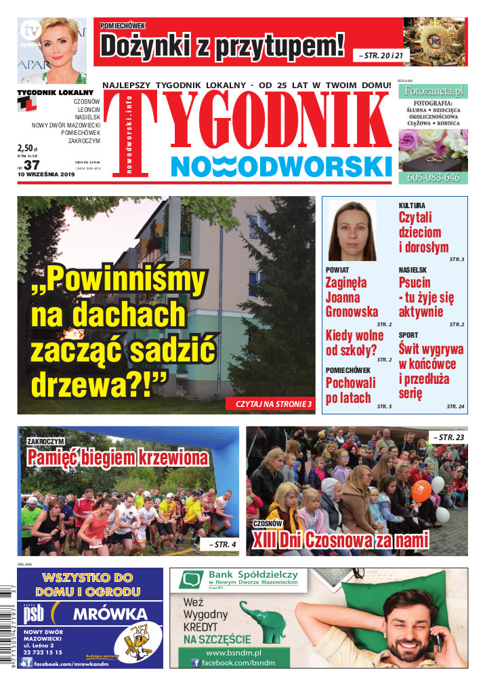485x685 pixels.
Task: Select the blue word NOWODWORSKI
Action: pyautogui.click(x=281, y=165)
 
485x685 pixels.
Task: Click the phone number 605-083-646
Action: pyautogui.click(x=434, y=178)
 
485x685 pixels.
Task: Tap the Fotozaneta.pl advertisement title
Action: pyautogui.click(x=433, y=90)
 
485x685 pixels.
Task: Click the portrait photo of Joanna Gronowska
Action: pyautogui.click(x=352, y=231)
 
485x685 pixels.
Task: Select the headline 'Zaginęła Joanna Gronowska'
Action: pyautogui.click(x=352, y=296)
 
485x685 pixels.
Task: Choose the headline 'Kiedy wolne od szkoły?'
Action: pyautogui.click(x=354, y=342)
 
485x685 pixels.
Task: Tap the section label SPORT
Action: pyautogui.click(x=408, y=335)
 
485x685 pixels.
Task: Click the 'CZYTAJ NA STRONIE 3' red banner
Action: pyautogui.click(x=273, y=404)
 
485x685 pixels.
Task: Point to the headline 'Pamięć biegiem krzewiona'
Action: pyautogui.click(x=117, y=458)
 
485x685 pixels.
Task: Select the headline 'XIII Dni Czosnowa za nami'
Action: pyautogui.click(x=340, y=541)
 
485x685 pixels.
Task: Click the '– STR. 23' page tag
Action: pyautogui.click(x=448, y=437)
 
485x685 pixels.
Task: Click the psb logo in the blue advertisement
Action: pyautogui.click(x=35, y=614)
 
